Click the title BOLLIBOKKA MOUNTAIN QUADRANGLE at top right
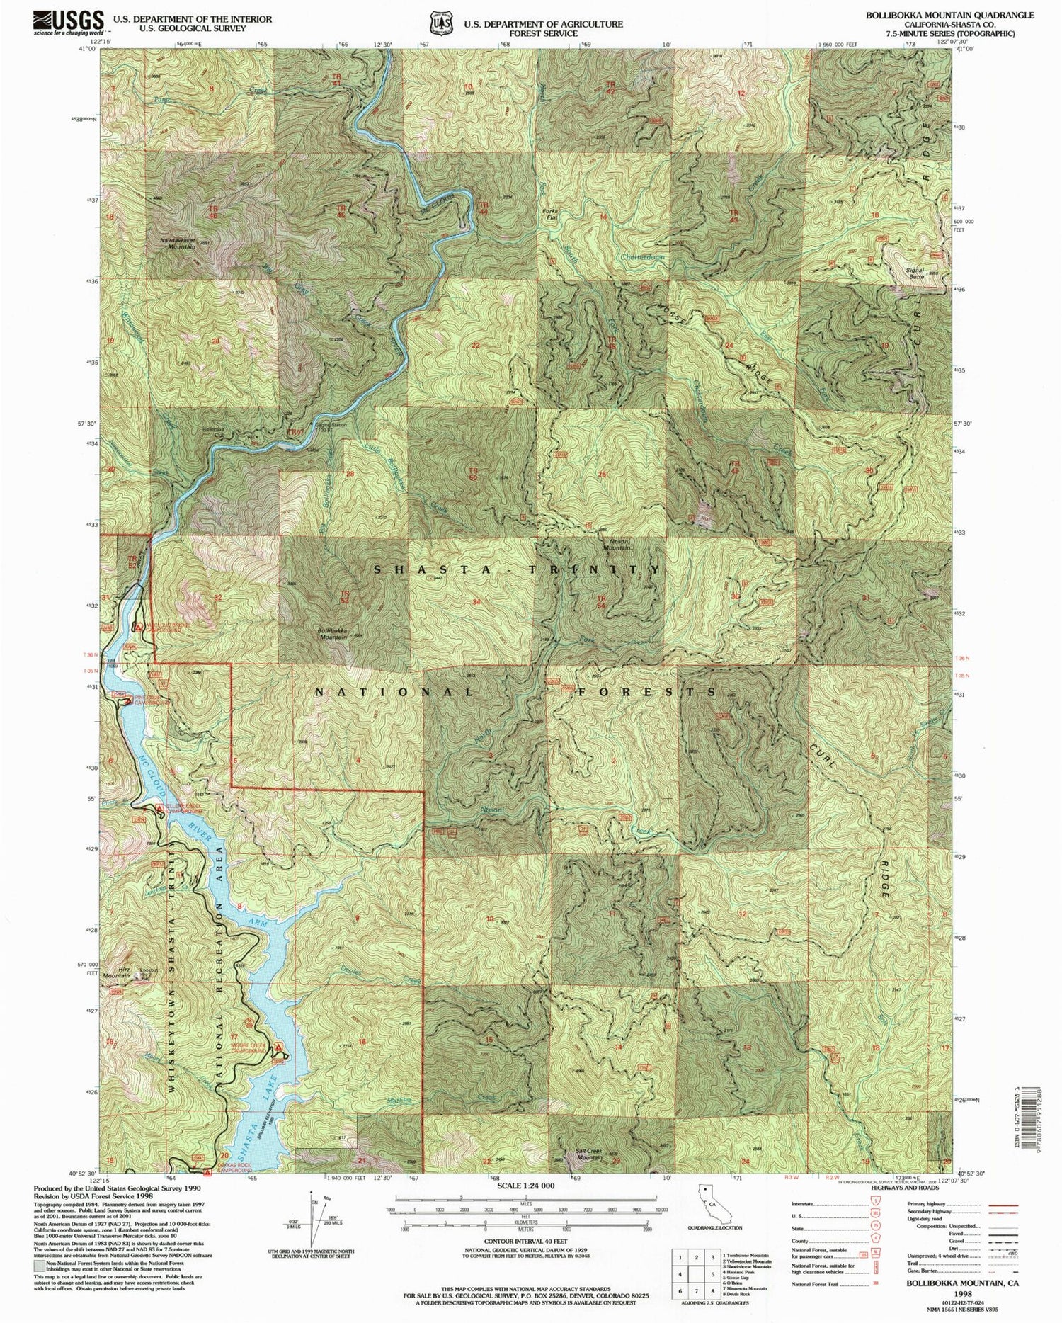coord(944,15)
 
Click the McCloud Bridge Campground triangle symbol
coord(139,626)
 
